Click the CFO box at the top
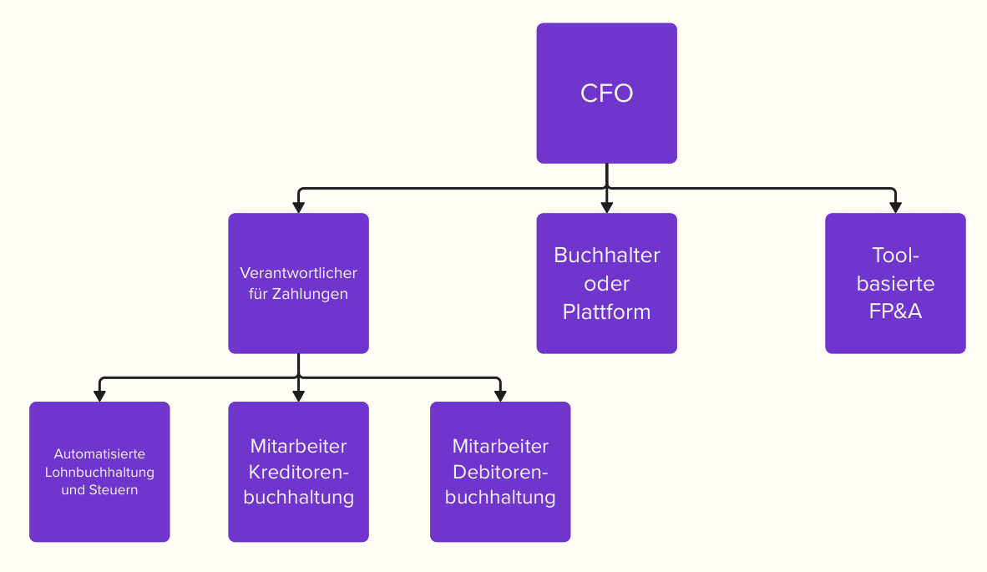pos(606,93)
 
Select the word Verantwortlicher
pos(298,273)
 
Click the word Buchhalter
pos(606,255)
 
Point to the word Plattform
pos(606,312)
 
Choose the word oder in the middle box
pos(606,284)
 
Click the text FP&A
pos(895,312)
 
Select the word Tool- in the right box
pos(895,255)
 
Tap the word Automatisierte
pos(99,454)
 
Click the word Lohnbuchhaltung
pos(99,472)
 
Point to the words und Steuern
pos(99,489)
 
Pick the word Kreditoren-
pos(298,472)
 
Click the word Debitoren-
pos(500,472)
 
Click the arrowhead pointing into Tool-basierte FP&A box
pos(895,206)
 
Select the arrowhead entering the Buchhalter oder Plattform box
pos(606,206)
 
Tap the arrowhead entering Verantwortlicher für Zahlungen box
pos(298,206)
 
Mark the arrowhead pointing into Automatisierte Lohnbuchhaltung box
pos(99,395)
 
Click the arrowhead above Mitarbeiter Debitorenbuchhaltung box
pos(500,395)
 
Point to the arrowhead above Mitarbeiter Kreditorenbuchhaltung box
pos(298,395)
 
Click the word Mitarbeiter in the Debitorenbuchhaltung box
pos(500,446)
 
